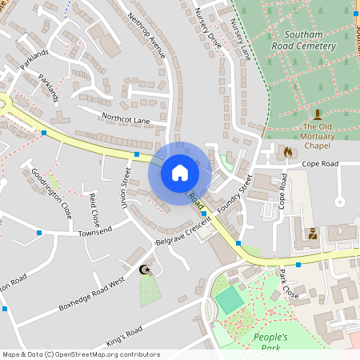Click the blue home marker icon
click(x=179, y=172)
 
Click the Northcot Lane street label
click(x=126, y=119)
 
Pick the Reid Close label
click(x=94, y=208)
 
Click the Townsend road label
click(x=96, y=232)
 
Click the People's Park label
click(x=270, y=342)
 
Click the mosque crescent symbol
click(x=145, y=270)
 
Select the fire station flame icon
click(x=289, y=151)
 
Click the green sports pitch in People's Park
click(x=230, y=300)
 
